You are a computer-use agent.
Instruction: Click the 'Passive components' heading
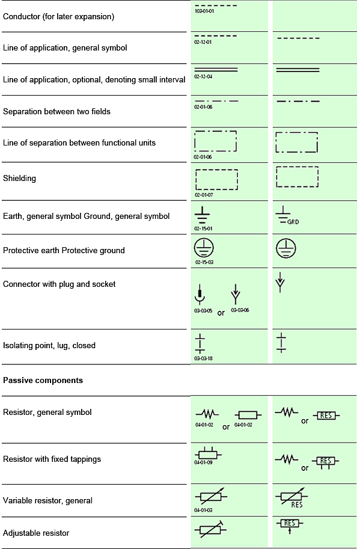pyautogui.click(x=43, y=381)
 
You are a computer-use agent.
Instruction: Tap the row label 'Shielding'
pyautogui.click(x=20, y=178)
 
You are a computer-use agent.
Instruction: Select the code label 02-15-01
pyautogui.click(x=203, y=228)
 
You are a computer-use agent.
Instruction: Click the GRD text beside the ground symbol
pyautogui.click(x=293, y=222)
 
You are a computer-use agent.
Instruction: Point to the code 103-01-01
pyautogui.click(x=204, y=11)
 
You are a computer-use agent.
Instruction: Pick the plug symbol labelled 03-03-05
pyautogui.click(x=200, y=295)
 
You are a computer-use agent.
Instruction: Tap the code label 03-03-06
pyautogui.click(x=240, y=310)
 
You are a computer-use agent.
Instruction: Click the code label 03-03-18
pyautogui.click(x=203, y=358)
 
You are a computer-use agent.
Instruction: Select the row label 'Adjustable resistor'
pyautogui.click(x=36, y=533)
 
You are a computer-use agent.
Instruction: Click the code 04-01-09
pyautogui.click(x=203, y=462)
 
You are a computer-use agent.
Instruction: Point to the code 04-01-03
pyautogui.click(x=203, y=510)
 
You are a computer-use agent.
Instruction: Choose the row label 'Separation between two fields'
pyautogui.click(x=56, y=112)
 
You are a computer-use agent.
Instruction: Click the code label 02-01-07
pyautogui.click(x=204, y=195)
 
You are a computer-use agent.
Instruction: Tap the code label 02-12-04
pyautogui.click(x=203, y=76)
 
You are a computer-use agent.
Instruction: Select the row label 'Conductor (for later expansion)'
pyautogui.click(x=58, y=17)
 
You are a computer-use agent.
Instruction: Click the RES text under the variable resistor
pyautogui.click(x=297, y=505)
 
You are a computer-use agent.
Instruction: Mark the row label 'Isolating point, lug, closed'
pyautogui.click(x=49, y=346)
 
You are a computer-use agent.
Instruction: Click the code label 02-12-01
pyautogui.click(x=203, y=42)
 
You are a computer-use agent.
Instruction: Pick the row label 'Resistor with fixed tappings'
pyautogui.click(x=52, y=459)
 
